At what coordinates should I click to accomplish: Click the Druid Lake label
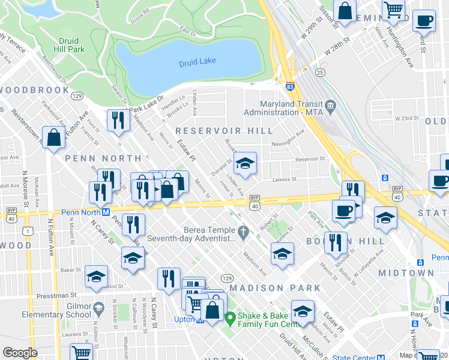tap(198, 63)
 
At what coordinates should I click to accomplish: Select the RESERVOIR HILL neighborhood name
tap(224, 131)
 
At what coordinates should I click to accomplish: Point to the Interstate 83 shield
tap(290, 88)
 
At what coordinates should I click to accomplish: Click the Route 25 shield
tap(321, 73)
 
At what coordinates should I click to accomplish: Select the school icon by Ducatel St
tap(245, 163)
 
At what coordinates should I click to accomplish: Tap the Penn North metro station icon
tap(105, 212)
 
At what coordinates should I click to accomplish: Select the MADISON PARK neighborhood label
tap(274, 288)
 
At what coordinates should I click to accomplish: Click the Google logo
tap(20, 353)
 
